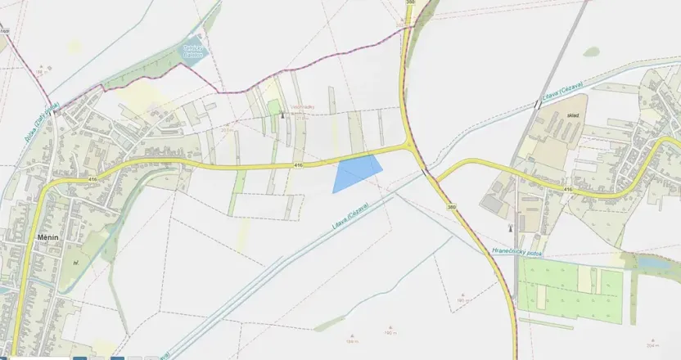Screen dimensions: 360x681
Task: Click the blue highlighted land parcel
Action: point(356,173)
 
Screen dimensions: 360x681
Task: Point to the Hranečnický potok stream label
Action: point(518,252)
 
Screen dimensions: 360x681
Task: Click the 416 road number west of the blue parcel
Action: point(300,166)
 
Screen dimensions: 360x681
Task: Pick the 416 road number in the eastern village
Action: point(567,190)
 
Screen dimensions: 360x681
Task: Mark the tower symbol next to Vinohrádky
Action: point(283,115)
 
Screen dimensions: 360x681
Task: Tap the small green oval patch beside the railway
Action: point(590,52)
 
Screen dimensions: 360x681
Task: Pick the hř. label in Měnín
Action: point(75,263)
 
